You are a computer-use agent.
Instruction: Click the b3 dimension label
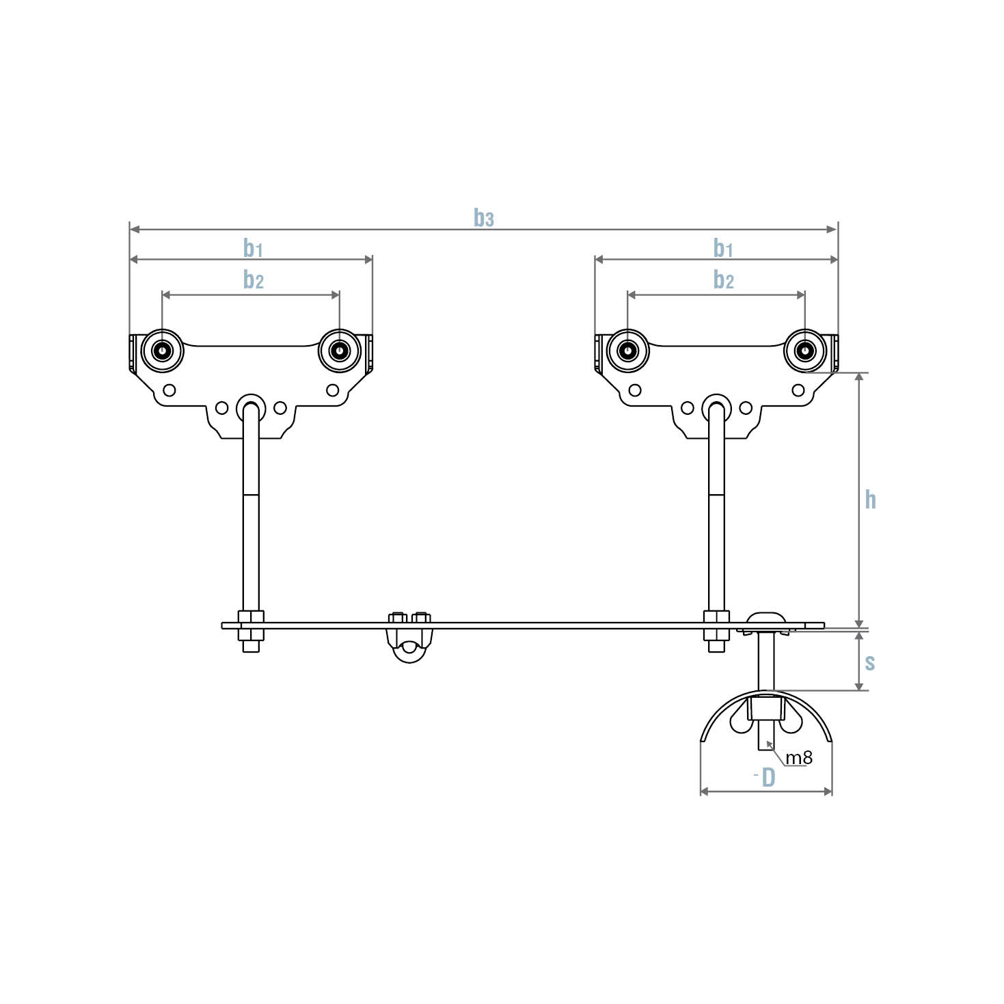click(x=483, y=218)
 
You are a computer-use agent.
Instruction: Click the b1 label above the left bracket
click(x=253, y=249)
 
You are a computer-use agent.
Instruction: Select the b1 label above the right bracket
click(x=723, y=249)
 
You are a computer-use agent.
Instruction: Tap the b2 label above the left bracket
click(x=254, y=280)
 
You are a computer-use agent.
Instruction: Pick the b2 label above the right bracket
click(x=723, y=280)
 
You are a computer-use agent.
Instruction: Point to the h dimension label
click(x=870, y=500)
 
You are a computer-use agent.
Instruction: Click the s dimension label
click(x=870, y=662)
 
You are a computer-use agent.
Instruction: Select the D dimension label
click(x=768, y=778)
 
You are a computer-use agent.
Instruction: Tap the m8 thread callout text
click(x=798, y=757)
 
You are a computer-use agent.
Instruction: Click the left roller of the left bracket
click(x=162, y=351)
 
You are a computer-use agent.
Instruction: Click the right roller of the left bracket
click(x=339, y=351)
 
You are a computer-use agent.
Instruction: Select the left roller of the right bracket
click(x=627, y=351)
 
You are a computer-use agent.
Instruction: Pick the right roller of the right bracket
click(x=805, y=351)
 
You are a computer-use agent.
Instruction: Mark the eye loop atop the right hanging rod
click(x=716, y=407)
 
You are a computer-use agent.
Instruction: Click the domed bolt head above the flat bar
click(x=765, y=618)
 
